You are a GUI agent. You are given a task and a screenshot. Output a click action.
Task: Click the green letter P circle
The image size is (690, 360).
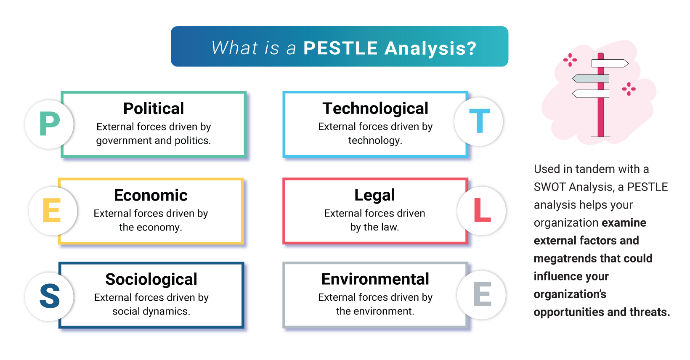pos(49,124)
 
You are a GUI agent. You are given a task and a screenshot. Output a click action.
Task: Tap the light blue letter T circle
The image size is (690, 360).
pos(479,122)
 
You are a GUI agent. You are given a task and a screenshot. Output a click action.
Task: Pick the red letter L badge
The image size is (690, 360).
pos(481,211)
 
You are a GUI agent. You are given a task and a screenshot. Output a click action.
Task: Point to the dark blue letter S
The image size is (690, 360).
pos(50,296)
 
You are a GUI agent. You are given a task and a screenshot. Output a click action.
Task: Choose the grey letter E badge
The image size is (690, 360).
pos(481,295)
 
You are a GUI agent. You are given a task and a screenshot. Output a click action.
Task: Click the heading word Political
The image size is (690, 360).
pos(154,109)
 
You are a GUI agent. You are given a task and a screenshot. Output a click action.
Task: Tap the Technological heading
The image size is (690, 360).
pos(375,109)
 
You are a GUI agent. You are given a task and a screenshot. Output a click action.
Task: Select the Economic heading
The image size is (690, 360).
pos(151,195)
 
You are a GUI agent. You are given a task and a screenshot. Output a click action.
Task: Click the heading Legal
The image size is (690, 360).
pos(374,195)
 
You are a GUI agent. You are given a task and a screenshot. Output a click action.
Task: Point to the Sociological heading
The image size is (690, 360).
pos(151,279)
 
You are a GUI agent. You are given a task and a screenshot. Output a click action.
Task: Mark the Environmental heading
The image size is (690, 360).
pos(375,279)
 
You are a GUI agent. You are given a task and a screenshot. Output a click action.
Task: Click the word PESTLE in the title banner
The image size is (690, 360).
pos(340,48)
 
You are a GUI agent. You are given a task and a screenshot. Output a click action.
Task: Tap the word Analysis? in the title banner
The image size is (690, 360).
pos(430,49)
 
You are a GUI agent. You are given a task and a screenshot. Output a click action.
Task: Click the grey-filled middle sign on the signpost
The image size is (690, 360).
pos(591,79)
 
